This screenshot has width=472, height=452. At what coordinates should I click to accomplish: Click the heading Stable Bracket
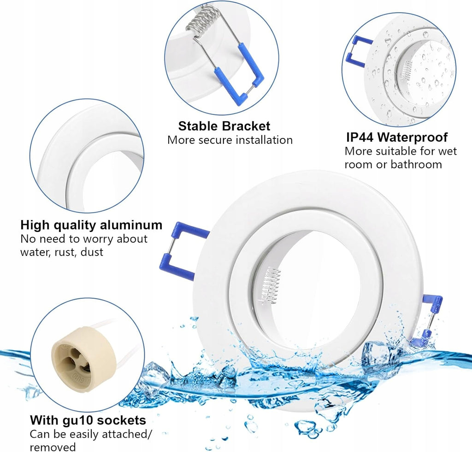tap(224, 126)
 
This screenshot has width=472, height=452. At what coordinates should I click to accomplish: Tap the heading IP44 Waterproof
tap(397, 137)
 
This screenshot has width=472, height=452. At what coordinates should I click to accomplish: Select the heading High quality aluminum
tap(91, 225)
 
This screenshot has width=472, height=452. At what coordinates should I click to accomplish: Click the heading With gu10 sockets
tap(88, 420)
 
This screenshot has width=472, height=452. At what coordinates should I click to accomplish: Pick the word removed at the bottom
tap(53, 447)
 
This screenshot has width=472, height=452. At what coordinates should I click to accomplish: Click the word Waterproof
tap(413, 137)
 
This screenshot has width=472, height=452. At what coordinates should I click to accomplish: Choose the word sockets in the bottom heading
tap(121, 420)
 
